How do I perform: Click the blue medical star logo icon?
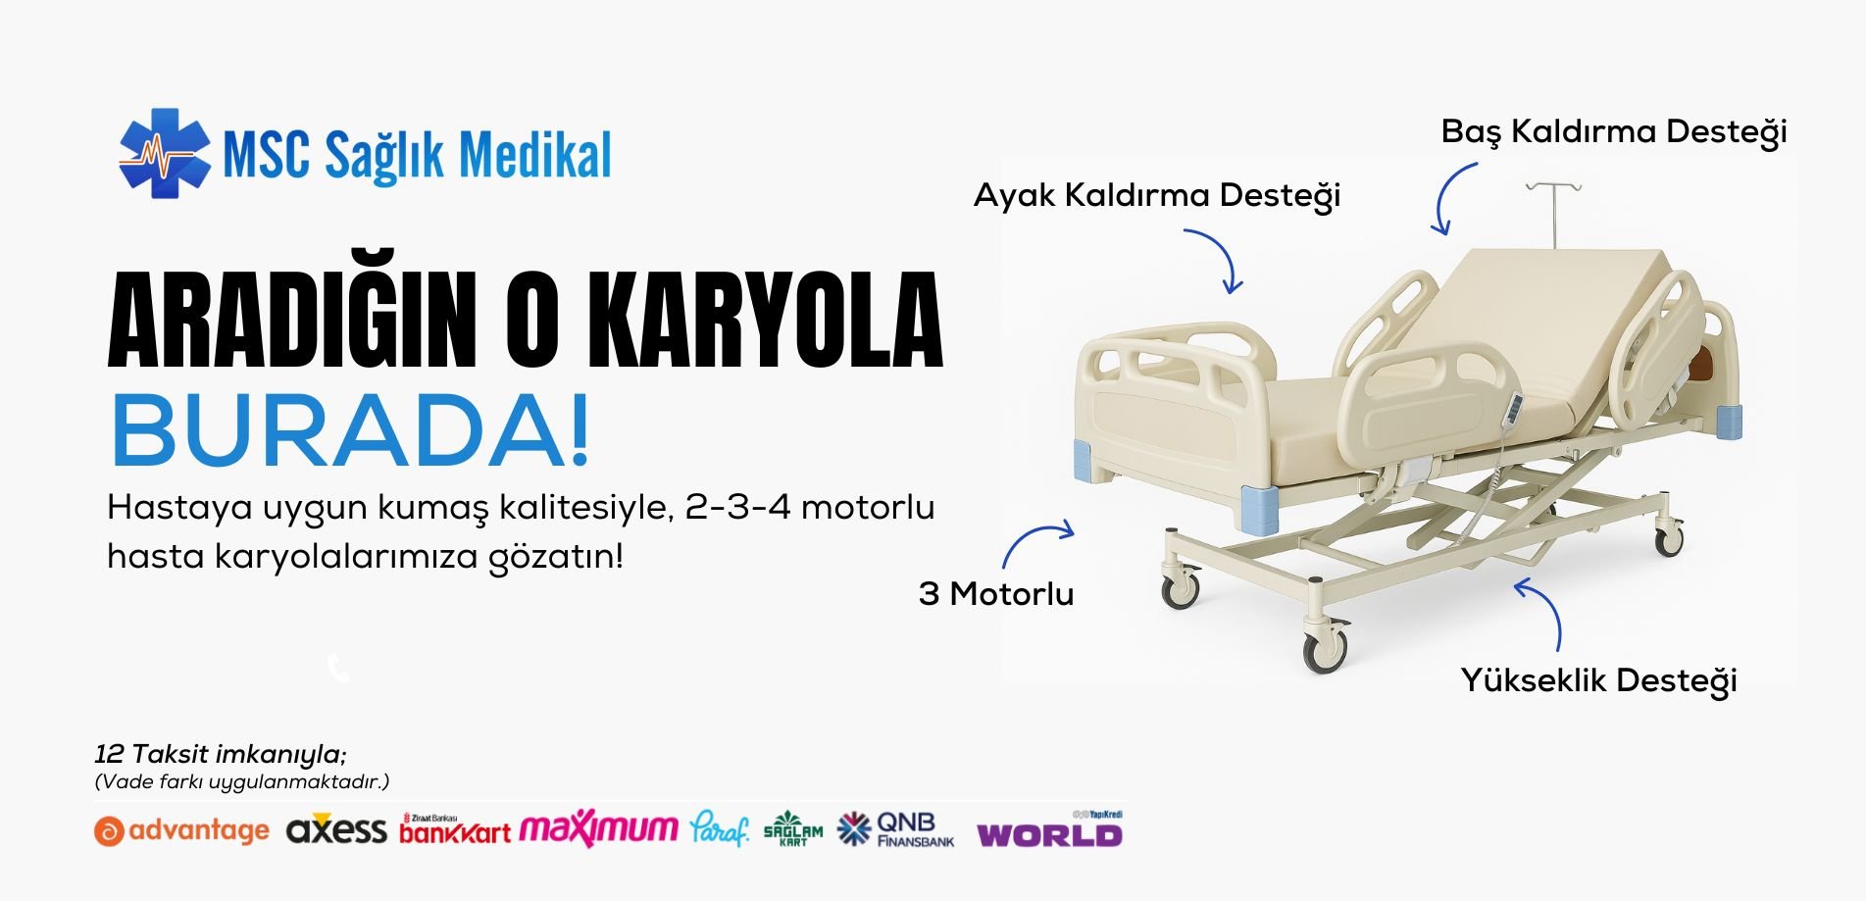[164, 153]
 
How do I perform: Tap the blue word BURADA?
[351, 430]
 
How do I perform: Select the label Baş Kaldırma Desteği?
[1614, 132]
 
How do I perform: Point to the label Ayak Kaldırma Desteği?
[1157, 196]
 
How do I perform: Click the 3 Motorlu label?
[996, 593]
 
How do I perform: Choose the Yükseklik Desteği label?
[1598, 680]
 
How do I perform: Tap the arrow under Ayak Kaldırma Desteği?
[1222, 253]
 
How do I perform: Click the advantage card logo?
[181, 831]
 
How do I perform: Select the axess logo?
[336, 829]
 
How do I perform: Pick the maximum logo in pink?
[598, 829]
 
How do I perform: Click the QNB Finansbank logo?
[895, 828]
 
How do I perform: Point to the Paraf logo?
[719, 828]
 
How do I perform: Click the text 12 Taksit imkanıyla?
[221, 754]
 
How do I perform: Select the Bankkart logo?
[455, 829]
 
